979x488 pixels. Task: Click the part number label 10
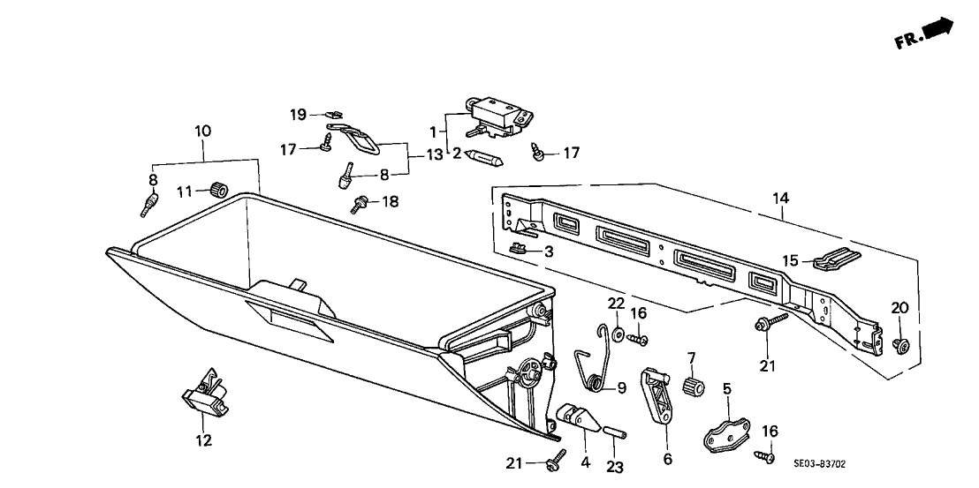pyautogui.click(x=203, y=131)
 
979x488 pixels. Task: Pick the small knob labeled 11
pyautogui.click(x=220, y=190)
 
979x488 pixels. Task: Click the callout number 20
pyautogui.click(x=899, y=307)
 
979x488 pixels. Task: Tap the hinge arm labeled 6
pyautogui.click(x=657, y=397)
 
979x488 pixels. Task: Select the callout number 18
pyautogui.click(x=389, y=202)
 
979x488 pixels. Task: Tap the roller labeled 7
pyautogui.click(x=694, y=386)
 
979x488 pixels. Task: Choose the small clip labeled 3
pyautogui.click(x=521, y=248)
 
